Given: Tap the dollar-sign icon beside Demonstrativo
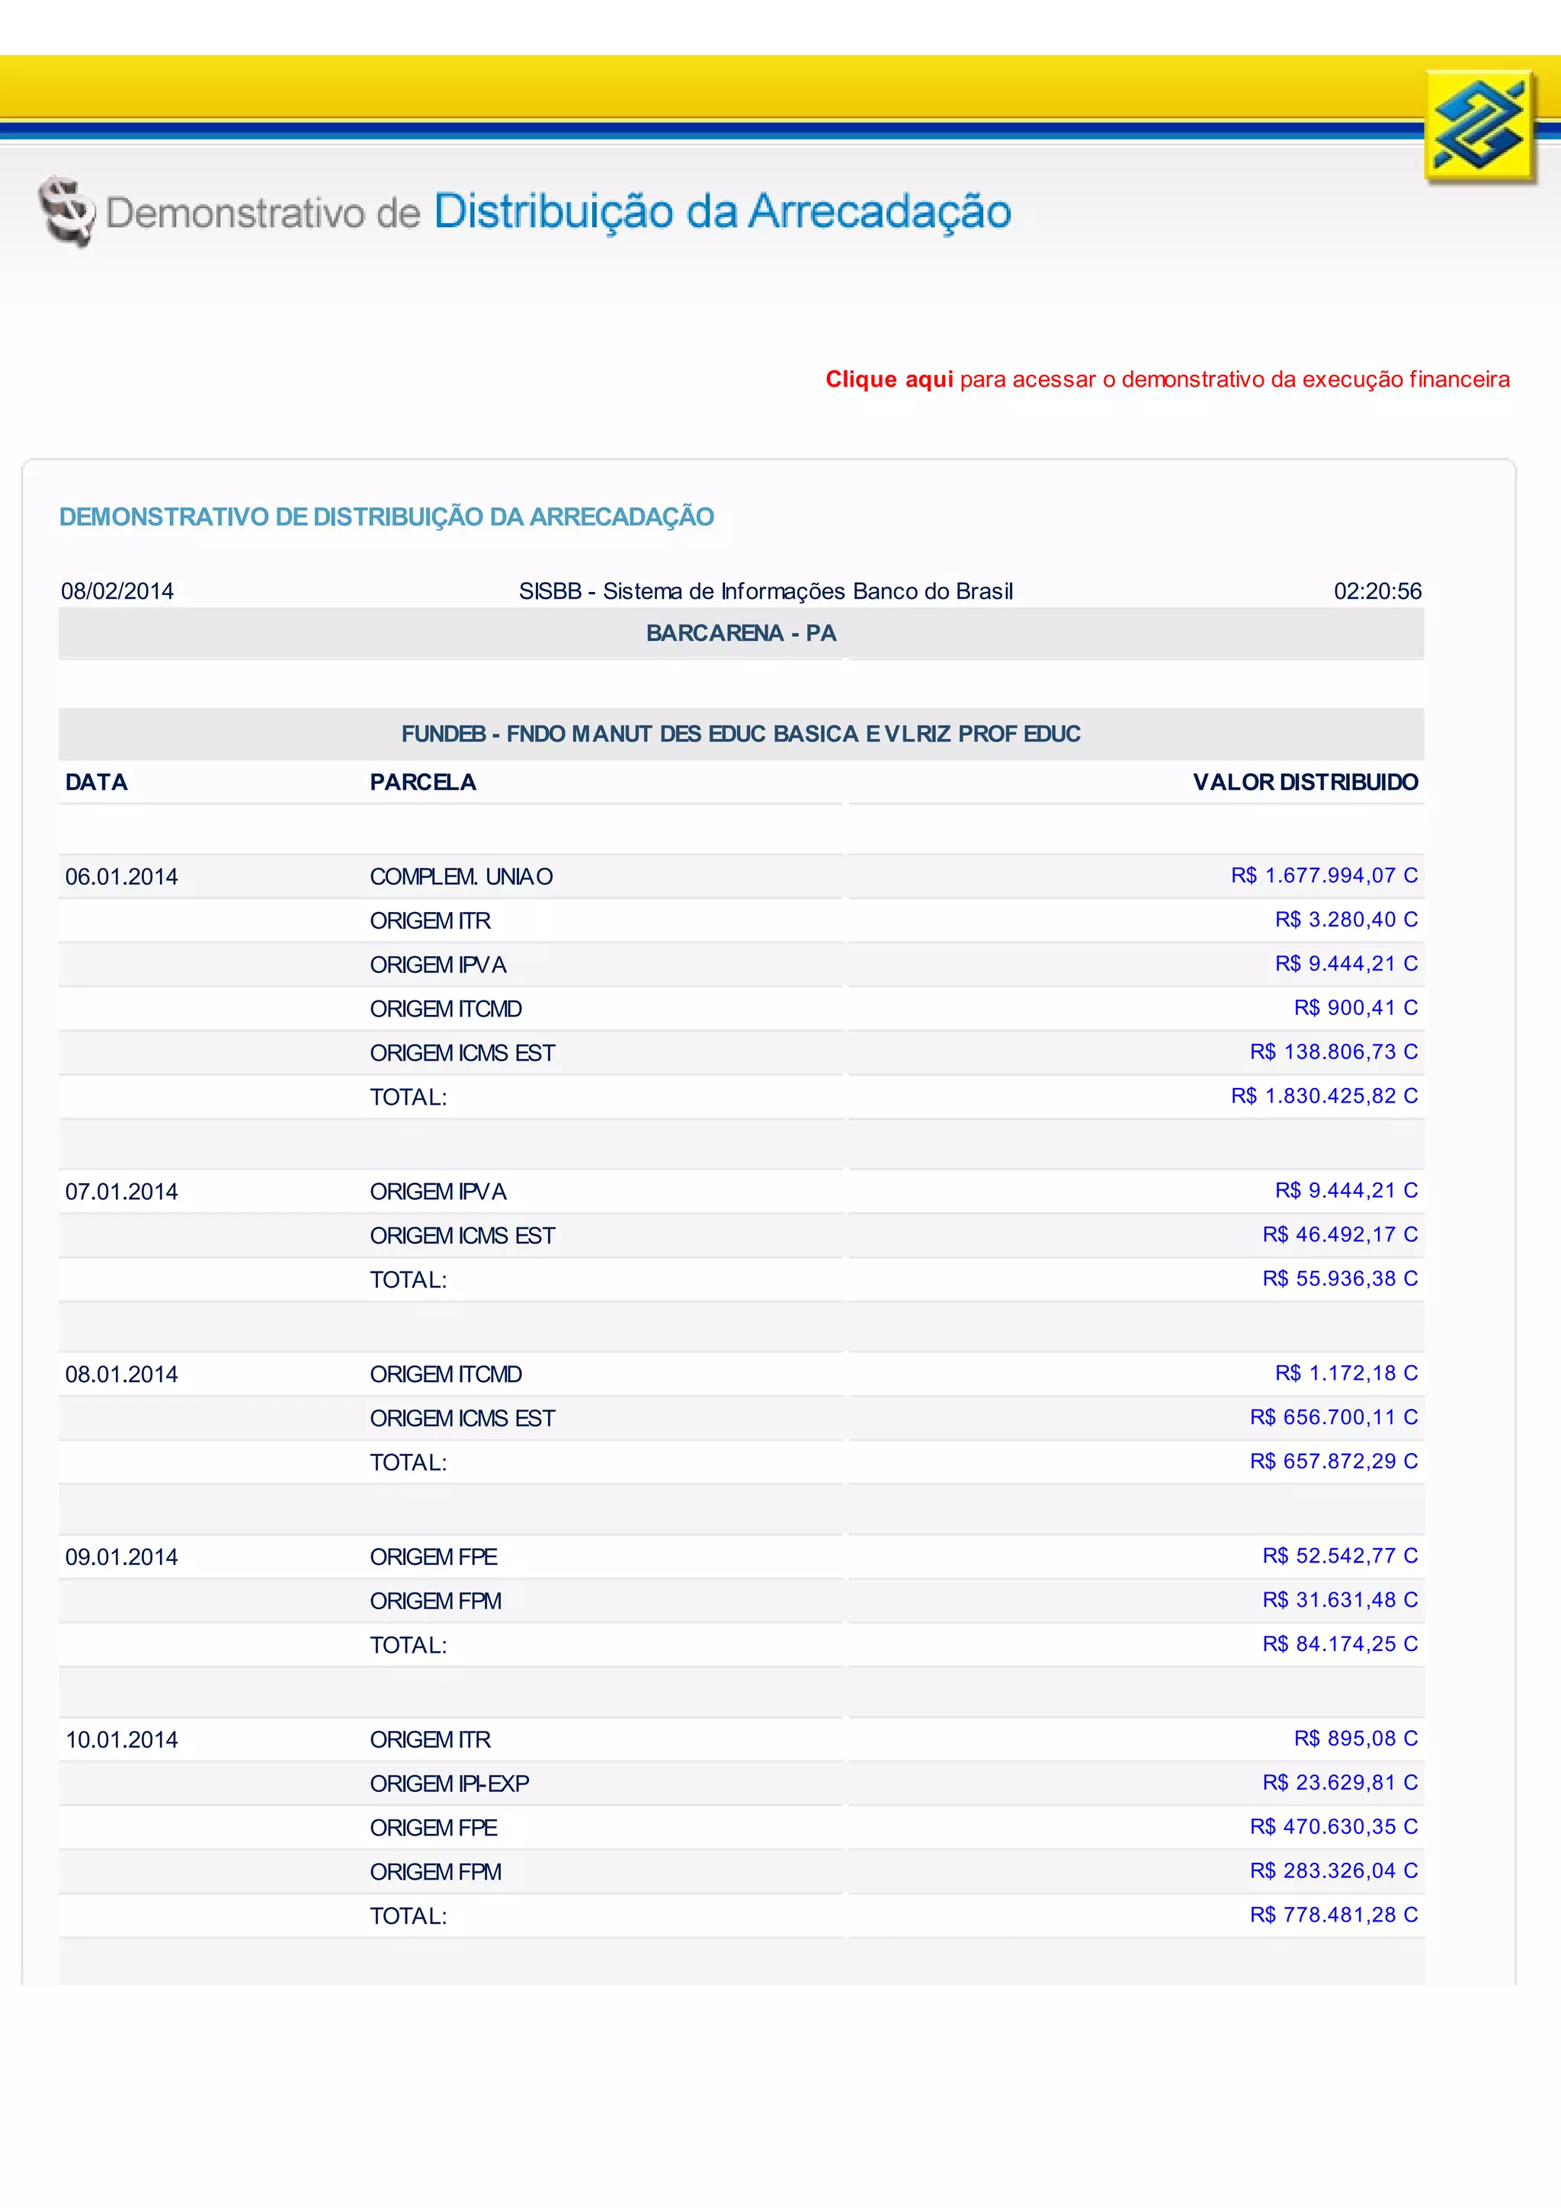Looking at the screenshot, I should (66, 210).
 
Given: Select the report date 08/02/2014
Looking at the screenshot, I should (117, 590).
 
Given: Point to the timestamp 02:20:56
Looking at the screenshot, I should (1377, 590).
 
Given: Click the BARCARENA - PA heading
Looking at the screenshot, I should (741, 633).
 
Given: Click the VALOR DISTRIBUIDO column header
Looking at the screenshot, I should (1304, 782).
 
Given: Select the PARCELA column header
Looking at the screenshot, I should (422, 782).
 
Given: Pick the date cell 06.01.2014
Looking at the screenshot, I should (121, 876).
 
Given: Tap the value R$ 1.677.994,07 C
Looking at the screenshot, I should (1323, 875).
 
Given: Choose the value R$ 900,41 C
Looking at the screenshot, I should (1355, 1007).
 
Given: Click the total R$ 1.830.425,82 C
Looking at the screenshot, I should (1323, 1096).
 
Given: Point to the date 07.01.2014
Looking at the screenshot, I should (121, 1192).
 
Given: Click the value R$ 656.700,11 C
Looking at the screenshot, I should (1333, 1416).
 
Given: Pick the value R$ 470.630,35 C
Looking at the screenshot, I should (1333, 1826).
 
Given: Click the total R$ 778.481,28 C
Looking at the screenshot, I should (1333, 1915).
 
